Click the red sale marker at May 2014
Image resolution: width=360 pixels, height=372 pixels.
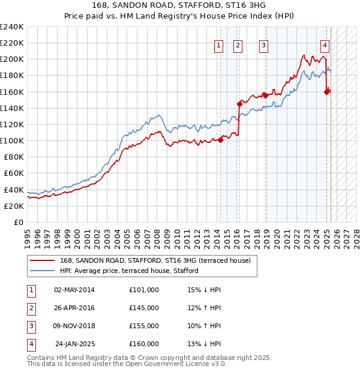220,140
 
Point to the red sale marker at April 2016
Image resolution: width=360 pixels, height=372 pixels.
239,104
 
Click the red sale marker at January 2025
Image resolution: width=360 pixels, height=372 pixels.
327,92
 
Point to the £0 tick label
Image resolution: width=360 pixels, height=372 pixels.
19,222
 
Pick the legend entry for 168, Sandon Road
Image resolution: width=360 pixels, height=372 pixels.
158,260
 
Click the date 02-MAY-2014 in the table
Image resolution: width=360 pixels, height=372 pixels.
74,290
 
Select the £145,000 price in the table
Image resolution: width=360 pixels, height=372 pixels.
143,308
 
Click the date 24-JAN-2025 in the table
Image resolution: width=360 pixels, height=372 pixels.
75,344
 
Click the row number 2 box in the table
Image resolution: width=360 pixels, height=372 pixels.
31,308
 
